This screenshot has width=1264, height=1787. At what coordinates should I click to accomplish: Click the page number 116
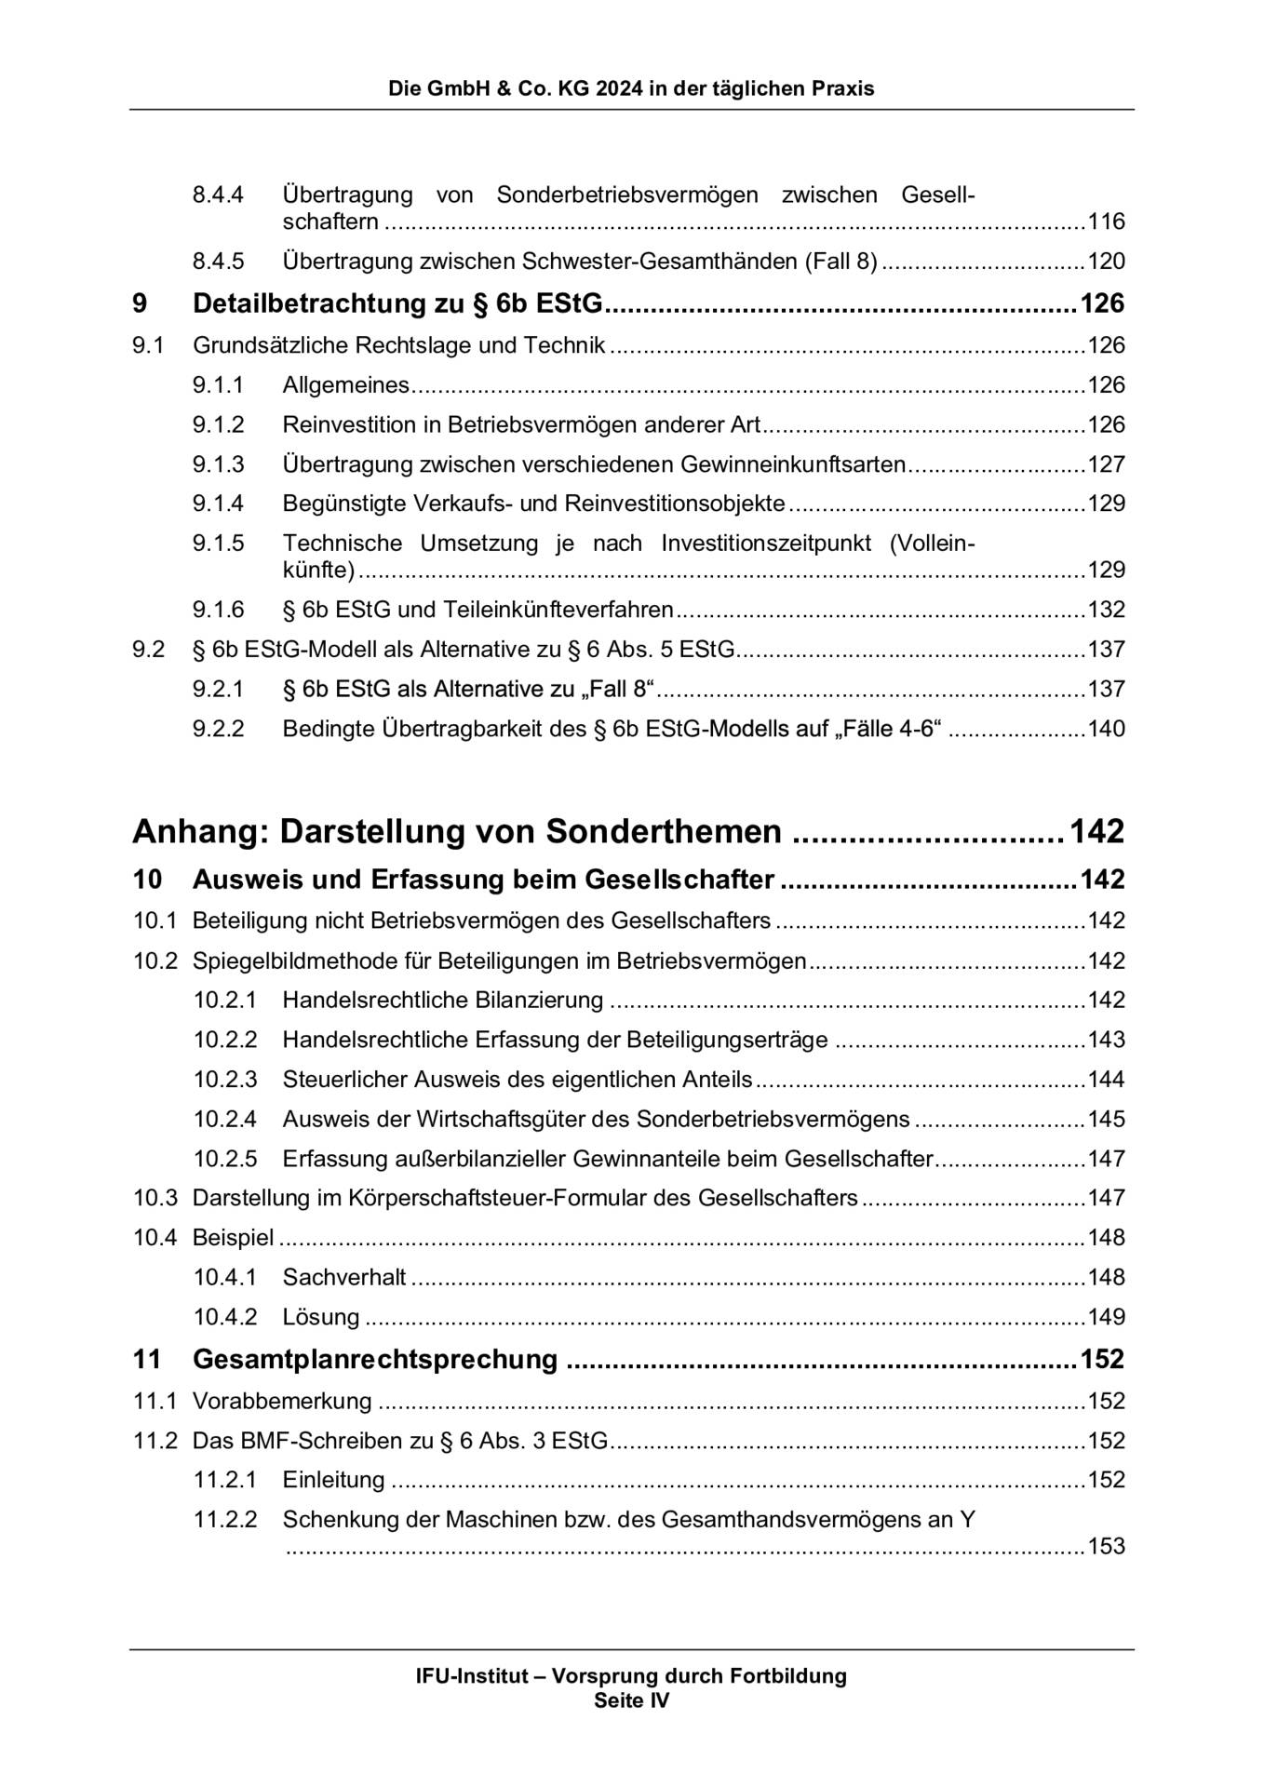click(1106, 222)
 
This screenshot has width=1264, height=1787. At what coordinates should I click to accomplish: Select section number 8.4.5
click(218, 262)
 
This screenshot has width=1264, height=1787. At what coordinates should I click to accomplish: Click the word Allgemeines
click(345, 385)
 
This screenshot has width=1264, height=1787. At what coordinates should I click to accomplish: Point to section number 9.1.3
click(218, 464)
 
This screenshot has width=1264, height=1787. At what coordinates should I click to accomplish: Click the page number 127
click(1106, 464)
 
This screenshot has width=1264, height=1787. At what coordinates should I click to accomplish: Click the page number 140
click(1106, 729)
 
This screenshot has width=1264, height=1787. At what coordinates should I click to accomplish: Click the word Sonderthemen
click(663, 830)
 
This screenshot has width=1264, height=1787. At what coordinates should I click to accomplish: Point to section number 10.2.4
click(224, 1119)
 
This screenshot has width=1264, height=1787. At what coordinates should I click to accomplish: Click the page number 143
click(1106, 1040)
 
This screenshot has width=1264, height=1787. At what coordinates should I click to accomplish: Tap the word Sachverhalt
click(344, 1277)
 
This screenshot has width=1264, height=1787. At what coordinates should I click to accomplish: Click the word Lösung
click(321, 1317)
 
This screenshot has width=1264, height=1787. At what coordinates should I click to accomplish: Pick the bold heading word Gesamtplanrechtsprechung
click(374, 1359)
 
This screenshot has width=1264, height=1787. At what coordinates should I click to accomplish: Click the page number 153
click(1106, 1547)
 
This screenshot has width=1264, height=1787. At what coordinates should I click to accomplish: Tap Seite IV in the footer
click(631, 1700)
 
